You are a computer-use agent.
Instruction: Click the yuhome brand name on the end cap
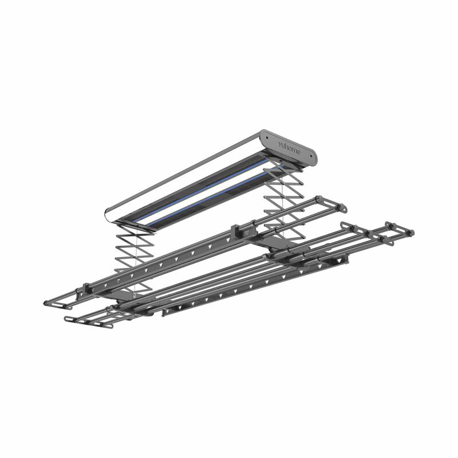[x=289, y=148]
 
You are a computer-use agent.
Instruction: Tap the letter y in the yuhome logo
[x=280, y=144]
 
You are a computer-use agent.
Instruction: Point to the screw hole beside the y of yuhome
[x=267, y=136]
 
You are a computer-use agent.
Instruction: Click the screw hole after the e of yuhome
[x=310, y=160]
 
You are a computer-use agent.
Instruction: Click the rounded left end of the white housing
[x=109, y=215]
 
